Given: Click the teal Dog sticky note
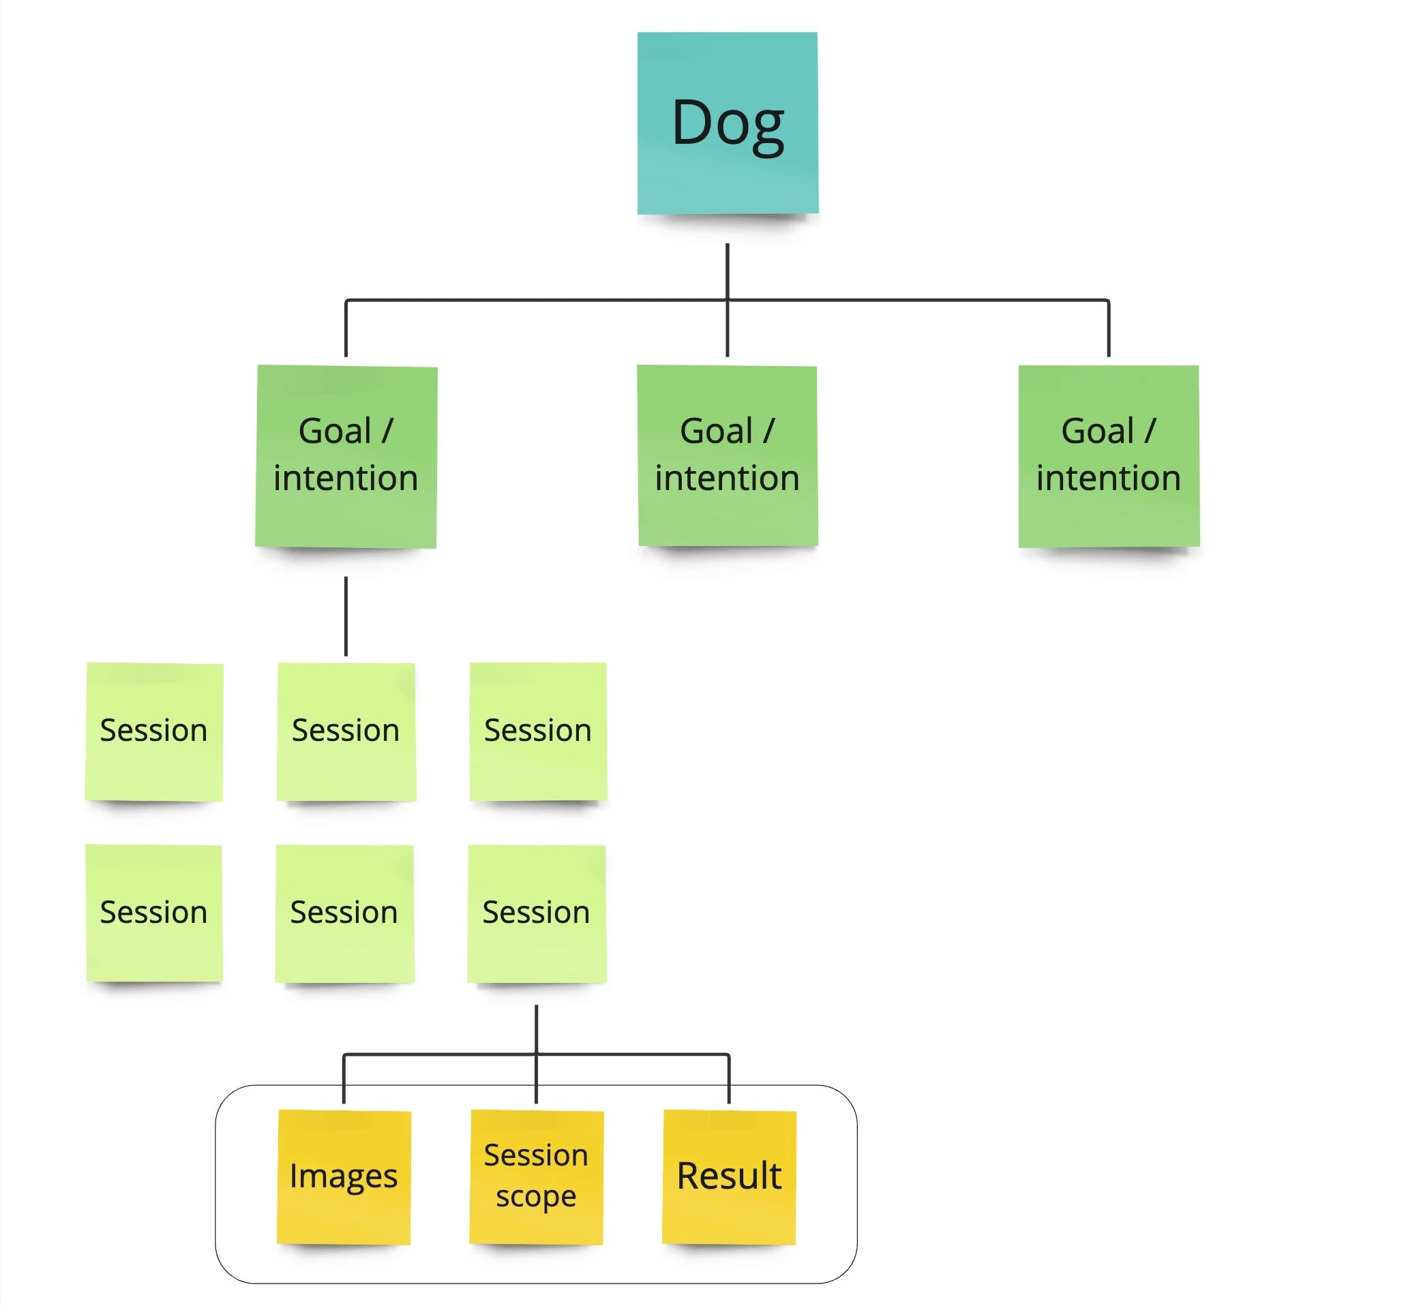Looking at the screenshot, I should click(x=727, y=123).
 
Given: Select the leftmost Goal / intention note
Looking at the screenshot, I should click(x=346, y=456).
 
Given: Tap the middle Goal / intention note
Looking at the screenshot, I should click(x=727, y=456).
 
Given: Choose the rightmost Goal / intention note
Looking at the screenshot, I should click(x=1108, y=456).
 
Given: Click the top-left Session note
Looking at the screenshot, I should click(x=153, y=731).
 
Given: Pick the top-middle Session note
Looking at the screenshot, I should click(x=346, y=731).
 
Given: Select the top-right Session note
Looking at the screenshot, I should click(x=538, y=731).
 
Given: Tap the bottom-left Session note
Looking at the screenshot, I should click(x=153, y=913).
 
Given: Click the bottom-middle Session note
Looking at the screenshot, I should click(x=344, y=913).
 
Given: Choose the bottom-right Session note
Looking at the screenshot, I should click(x=536, y=913).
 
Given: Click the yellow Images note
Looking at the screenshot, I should click(x=344, y=1177).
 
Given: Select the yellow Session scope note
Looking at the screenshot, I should click(x=536, y=1177).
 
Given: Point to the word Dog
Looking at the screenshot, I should click(x=727, y=124).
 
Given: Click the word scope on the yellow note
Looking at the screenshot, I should click(x=536, y=1198).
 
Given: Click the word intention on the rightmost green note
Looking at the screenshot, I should click(x=1108, y=478).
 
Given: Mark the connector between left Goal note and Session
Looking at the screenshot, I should click(x=346, y=615).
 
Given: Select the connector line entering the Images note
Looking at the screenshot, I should click(x=344, y=1080).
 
